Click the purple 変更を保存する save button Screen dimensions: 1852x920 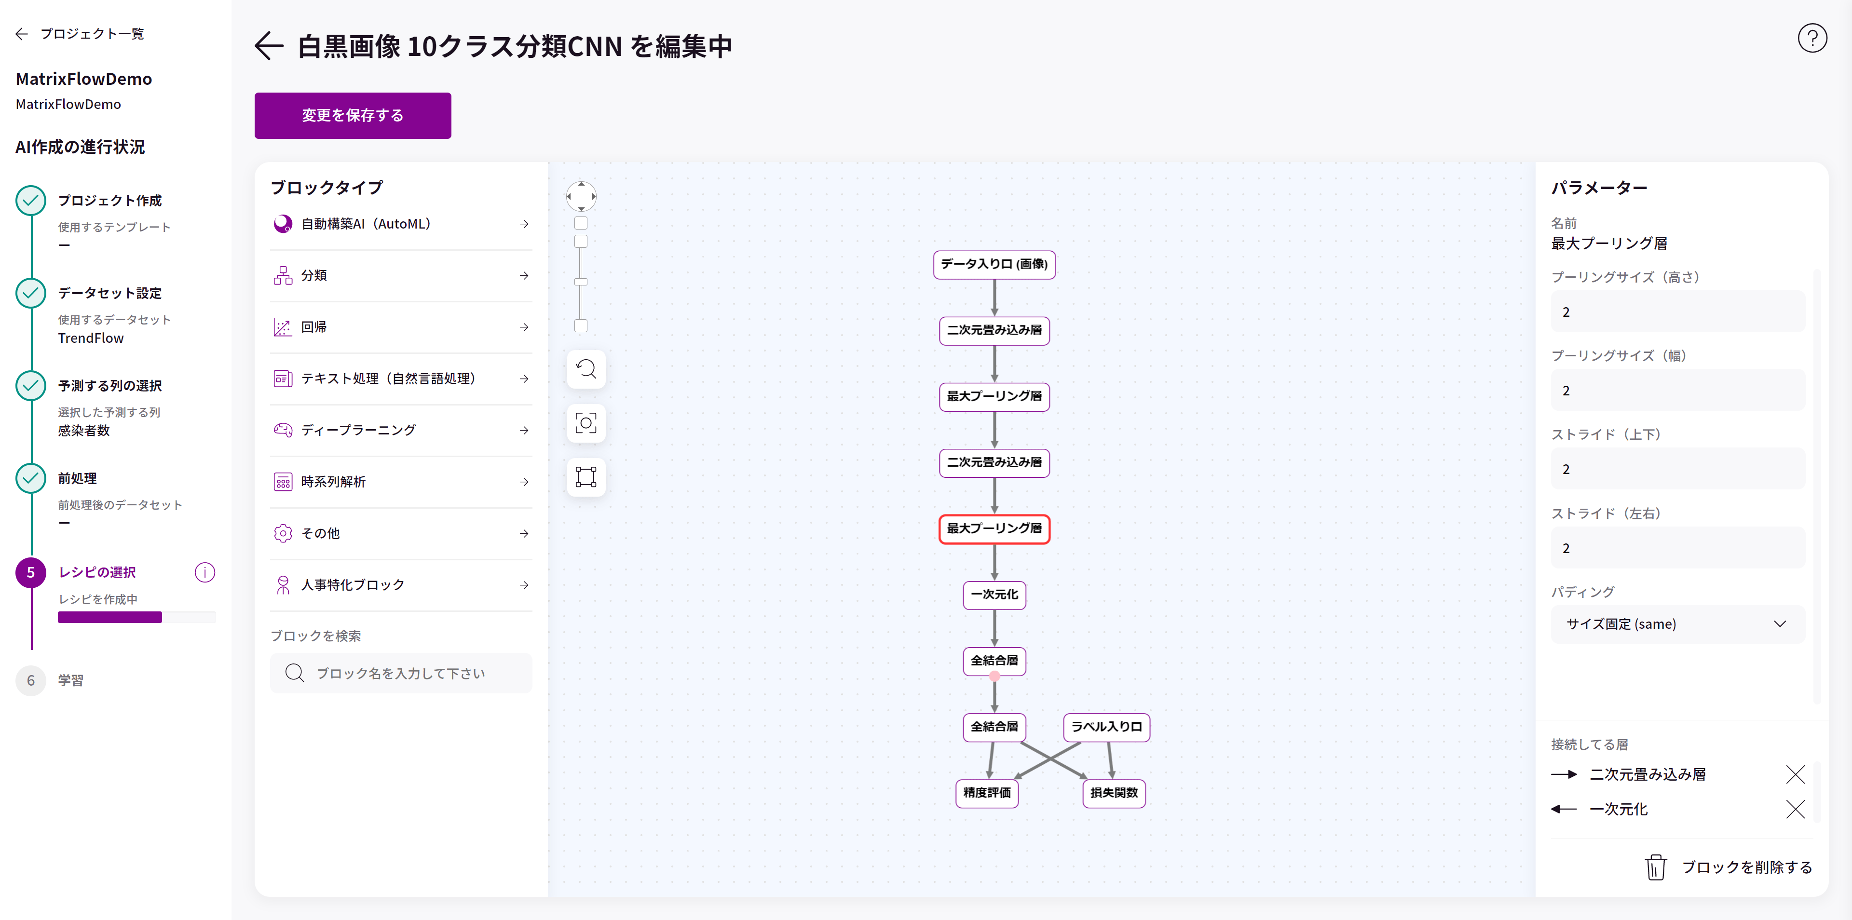coord(352,115)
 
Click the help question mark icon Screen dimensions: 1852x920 coord(1812,38)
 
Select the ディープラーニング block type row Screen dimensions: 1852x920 coord(401,430)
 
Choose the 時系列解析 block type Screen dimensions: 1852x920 coord(401,482)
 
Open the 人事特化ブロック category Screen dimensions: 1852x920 coord(401,585)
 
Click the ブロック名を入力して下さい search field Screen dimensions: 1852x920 coord(401,673)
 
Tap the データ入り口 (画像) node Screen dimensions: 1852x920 coord(994,264)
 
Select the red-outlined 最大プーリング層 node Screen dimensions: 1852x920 coord(994,529)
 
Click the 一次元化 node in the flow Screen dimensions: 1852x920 coord(994,595)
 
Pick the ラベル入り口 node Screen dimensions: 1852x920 coord(1106,727)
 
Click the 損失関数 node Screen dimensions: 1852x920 coord(1114,793)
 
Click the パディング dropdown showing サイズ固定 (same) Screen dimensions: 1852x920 coord(1677,624)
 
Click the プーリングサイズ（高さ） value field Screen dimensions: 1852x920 coord(1677,312)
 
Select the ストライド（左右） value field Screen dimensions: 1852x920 coord(1677,548)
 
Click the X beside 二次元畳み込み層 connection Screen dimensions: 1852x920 coord(1795,774)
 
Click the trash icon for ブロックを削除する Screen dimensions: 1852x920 coord(1656,867)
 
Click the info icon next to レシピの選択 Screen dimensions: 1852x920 coord(205,572)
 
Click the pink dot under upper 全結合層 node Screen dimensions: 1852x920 coord(994,676)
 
